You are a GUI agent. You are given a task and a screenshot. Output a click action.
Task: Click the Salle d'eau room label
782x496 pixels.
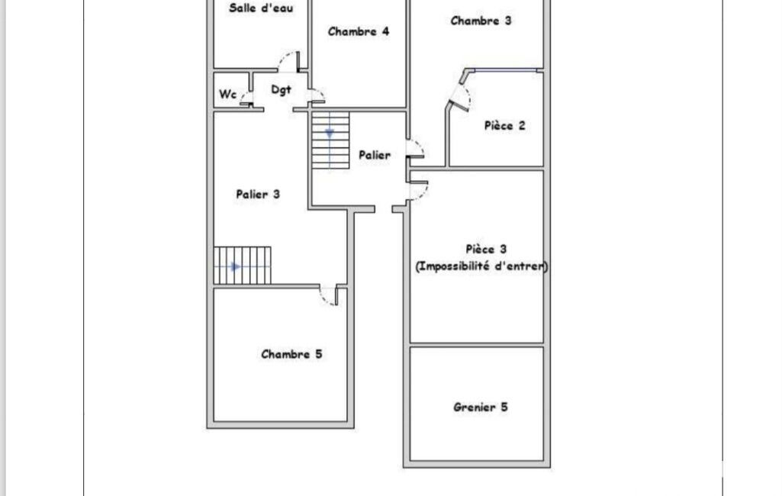(x=261, y=8)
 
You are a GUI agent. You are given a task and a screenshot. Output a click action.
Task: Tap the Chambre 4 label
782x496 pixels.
(x=359, y=31)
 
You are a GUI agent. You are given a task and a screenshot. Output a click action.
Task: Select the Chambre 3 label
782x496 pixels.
(x=481, y=21)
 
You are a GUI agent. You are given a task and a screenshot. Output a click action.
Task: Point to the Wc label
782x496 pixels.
(x=227, y=94)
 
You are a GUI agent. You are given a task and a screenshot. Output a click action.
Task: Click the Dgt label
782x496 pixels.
(x=281, y=90)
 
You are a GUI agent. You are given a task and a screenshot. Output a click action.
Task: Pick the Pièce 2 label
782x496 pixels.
(x=505, y=125)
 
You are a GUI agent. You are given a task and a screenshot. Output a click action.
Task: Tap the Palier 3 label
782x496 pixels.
(x=258, y=194)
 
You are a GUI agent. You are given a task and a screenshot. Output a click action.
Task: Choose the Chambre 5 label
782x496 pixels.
(x=291, y=354)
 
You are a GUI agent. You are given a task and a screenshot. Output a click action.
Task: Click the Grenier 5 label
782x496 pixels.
(x=481, y=407)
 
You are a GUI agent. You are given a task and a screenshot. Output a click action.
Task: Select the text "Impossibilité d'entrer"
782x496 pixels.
(x=481, y=266)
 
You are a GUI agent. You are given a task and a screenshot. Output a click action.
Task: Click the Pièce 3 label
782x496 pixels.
(x=486, y=249)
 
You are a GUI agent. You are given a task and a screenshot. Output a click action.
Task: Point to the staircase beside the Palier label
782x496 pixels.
(x=330, y=140)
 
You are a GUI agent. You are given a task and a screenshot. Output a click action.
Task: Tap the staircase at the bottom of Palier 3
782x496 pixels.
(x=243, y=266)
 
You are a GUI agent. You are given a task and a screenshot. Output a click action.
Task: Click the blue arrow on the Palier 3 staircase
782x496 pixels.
(x=236, y=267)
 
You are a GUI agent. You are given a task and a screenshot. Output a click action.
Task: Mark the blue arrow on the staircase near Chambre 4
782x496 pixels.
(x=329, y=134)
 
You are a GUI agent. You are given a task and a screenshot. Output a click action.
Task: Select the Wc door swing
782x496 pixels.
(x=246, y=98)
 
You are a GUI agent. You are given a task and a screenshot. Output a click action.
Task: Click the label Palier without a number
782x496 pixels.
(x=375, y=155)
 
